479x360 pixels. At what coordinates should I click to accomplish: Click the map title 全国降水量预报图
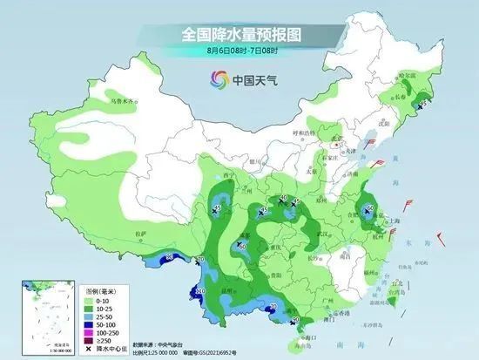click(239, 34)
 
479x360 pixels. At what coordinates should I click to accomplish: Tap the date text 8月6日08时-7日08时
click(239, 51)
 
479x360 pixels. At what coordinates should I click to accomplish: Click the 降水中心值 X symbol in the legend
click(90, 349)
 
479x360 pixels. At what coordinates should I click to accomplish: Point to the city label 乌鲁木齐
click(123, 101)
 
